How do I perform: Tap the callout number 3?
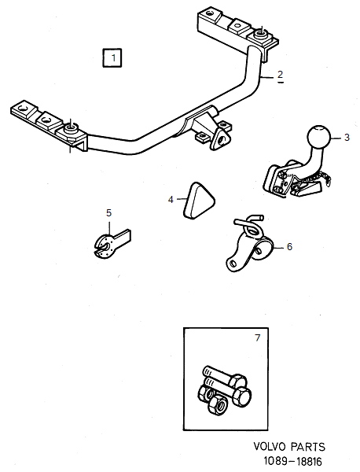tap(346, 138)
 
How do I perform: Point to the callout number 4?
tap(171, 200)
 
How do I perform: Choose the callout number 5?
tap(109, 212)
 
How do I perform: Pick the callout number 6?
tap(288, 246)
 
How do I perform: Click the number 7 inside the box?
tap(255, 339)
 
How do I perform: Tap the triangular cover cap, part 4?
tap(198, 197)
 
